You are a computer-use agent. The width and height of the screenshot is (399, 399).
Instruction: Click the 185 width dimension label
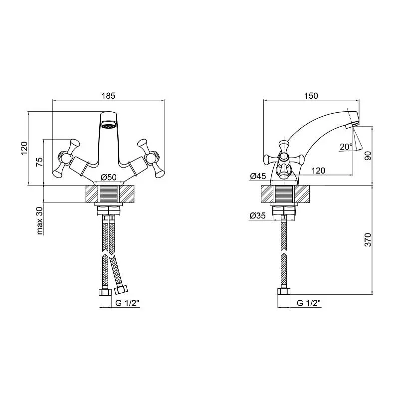(x=108, y=96)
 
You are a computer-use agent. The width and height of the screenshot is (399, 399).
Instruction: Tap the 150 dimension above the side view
(x=311, y=96)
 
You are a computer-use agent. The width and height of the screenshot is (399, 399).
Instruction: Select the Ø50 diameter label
(x=108, y=177)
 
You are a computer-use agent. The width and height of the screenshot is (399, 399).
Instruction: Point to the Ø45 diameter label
(x=258, y=176)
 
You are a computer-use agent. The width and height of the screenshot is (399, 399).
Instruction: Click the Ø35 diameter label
(x=257, y=215)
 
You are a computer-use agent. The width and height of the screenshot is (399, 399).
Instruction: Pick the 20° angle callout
(x=346, y=147)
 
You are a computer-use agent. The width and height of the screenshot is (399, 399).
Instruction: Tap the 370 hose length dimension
(x=368, y=239)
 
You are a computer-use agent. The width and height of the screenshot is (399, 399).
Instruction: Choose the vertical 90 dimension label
(x=368, y=156)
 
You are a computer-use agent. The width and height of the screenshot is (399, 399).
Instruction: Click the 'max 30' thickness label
(x=39, y=220)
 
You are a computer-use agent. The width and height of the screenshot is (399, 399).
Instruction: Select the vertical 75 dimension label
(x=39, y=162)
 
